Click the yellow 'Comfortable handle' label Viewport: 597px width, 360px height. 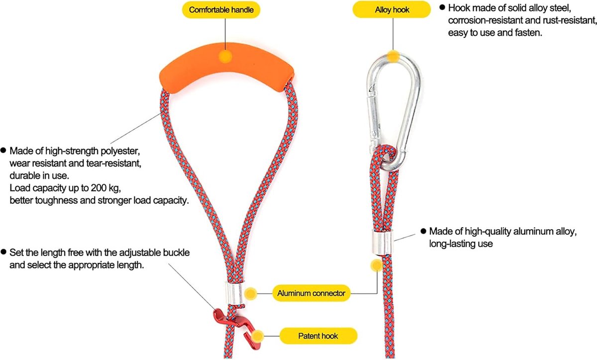click(x=221, y=10)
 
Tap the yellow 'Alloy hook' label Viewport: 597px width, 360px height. click(x=392, y=10)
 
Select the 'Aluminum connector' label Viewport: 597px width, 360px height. click(x=311, y=293)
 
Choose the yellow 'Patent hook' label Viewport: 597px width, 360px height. click(x=318, y=336)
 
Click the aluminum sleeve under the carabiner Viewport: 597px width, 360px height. click(x=383, y=242)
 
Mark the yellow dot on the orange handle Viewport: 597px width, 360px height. click(x=225, y=57)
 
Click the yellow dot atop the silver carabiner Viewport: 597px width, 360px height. click(x=393, y=57)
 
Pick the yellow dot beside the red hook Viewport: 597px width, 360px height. click(x=258, y=336)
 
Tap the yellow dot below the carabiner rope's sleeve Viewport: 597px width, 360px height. click(x=377, y=265)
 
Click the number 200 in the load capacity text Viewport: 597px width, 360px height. click(x=99, y=188)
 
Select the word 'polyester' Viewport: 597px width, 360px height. click(x=120, y=151)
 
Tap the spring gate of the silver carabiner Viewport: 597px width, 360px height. click(x=374, y=117)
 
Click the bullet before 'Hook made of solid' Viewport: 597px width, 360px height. click(x=442, y=7)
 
